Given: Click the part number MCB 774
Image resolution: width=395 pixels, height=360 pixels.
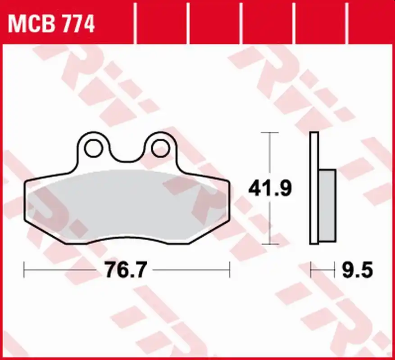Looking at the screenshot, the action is click(x=51, y=24).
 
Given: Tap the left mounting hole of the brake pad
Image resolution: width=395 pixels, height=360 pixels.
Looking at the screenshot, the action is click(x=94, y=148).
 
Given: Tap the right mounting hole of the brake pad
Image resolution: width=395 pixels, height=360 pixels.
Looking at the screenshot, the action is click(x=160, y=148).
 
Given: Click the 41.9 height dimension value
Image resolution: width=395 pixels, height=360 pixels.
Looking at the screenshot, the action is click(x=270, y=188).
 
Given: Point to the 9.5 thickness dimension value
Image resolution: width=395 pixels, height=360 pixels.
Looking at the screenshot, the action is click(x=357, y=270).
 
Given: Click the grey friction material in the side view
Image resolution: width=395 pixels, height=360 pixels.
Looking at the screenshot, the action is click(x=327, y=206).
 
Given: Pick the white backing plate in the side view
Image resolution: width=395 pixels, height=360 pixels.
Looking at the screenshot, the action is click(x=314, y=188).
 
